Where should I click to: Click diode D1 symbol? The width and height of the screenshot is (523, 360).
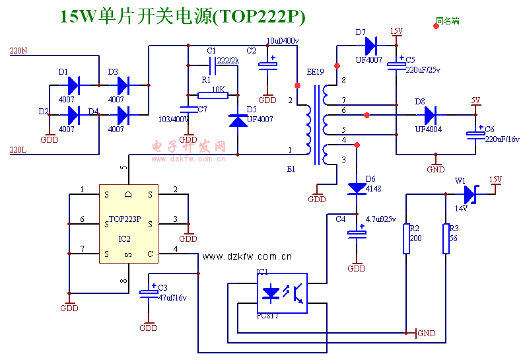coord(73,85)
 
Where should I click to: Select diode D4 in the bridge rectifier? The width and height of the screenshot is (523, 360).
coord(122,115)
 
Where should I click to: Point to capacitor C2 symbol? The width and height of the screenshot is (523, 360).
coord(267,65)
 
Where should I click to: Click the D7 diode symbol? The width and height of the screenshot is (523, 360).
coord(370,46)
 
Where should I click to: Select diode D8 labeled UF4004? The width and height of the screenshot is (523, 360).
coord(430,115)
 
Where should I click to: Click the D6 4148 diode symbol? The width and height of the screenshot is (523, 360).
coord(357,188)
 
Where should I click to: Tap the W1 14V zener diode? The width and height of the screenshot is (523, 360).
coord(470,194)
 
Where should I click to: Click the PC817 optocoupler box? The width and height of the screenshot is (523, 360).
coord(283,293)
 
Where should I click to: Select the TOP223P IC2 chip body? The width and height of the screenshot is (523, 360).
coord(129,224)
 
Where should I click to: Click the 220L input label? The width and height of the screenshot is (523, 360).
coord(18,150)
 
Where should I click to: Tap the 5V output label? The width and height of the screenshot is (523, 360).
coord(475,100)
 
